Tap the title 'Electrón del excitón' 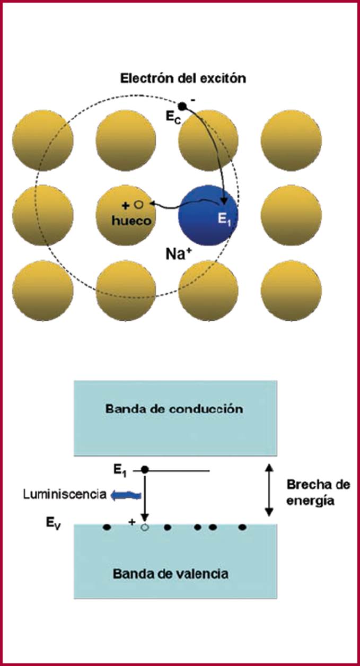pyautogui.click(x=182, y=78)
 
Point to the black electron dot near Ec pyautogui.click(x=182, y=106)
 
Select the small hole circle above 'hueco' pyautogui.click(x=139, y=204)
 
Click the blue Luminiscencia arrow pyautogui.click(x=126, y=495)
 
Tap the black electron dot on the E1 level pyautogui.click(x=145, y=470)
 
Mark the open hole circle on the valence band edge pyautogui.click(x=145, y=528)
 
